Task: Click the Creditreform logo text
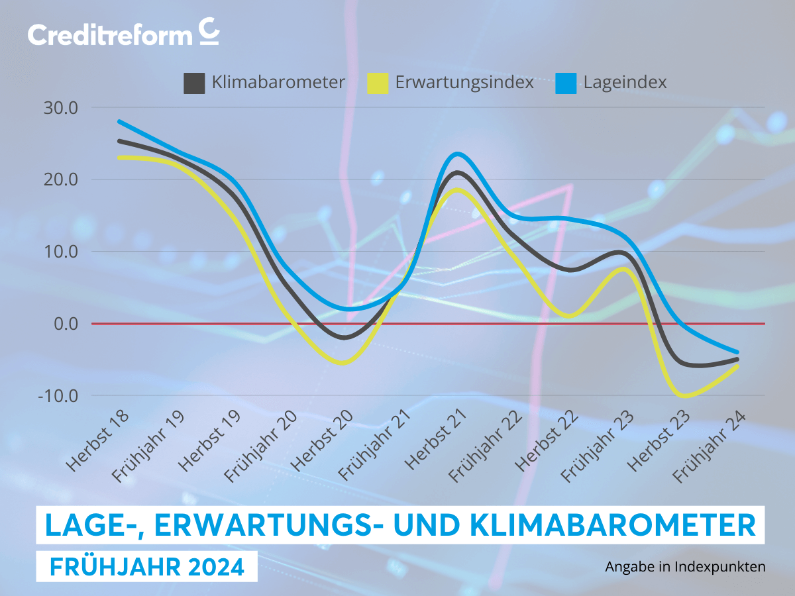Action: tap(110, 34)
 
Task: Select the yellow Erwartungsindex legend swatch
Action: tap(378, 83)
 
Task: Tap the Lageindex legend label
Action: tap(625, 83)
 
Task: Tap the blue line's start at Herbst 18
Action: tap(119, 122)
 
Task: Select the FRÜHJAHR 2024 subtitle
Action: tap(146, 567)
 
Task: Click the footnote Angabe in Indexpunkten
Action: tap(685, 567)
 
